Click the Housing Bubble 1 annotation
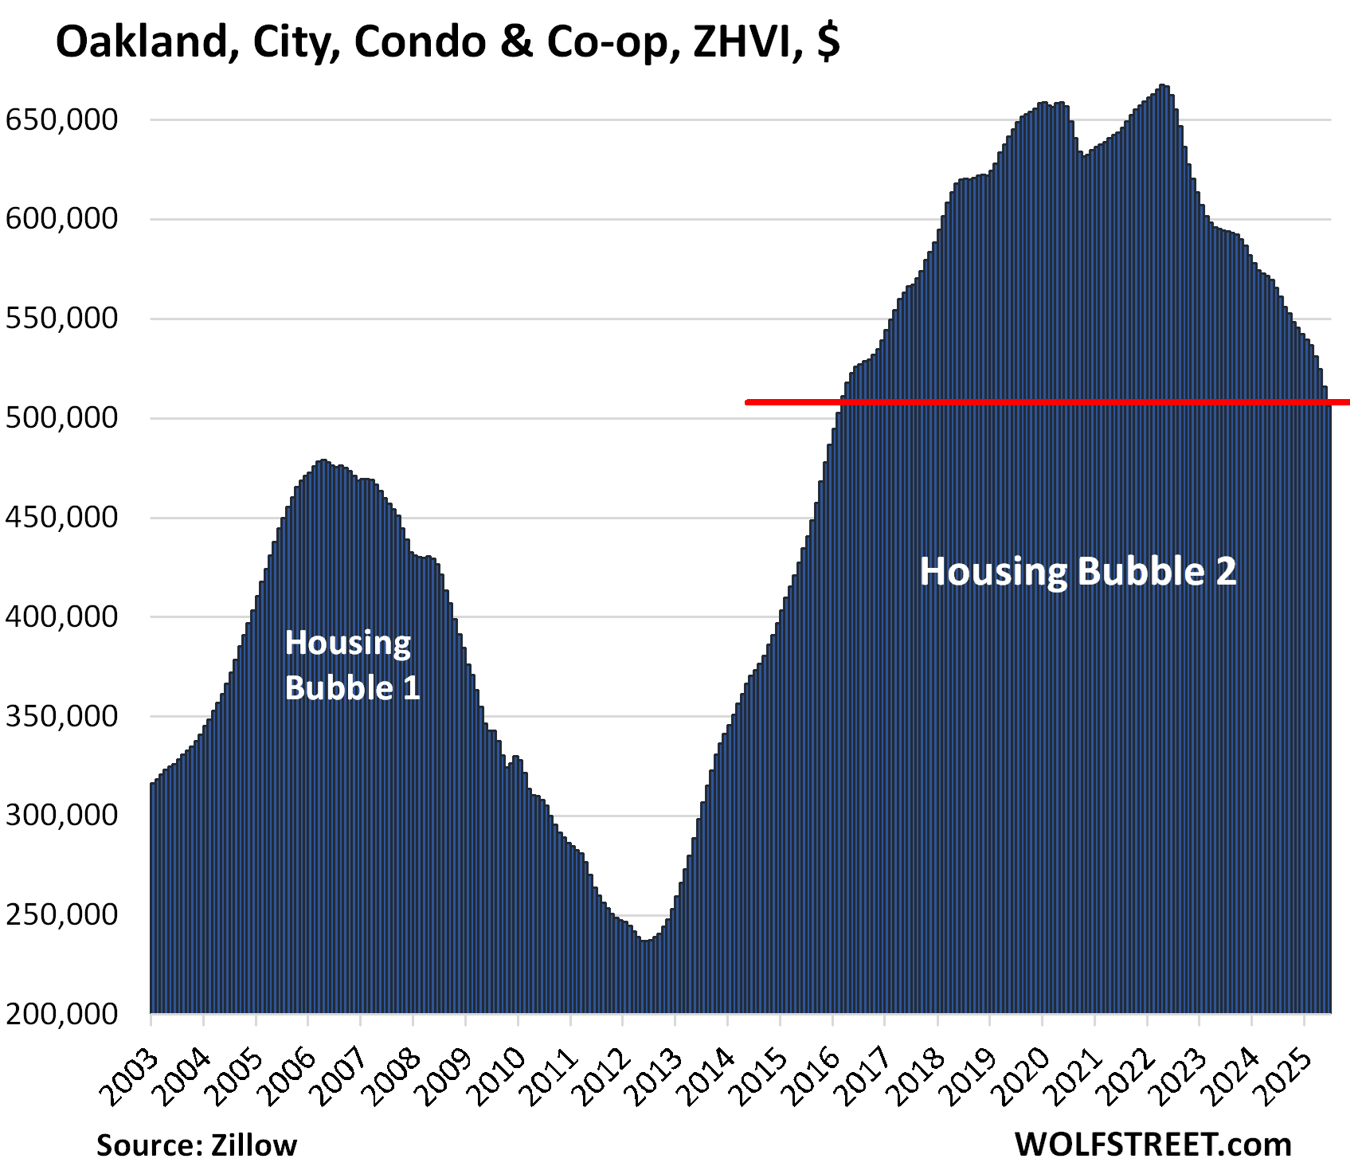pos(351,665)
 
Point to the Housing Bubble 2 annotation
pos(1078,572)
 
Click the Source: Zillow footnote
pos(197,1145)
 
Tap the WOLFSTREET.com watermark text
pos(1152,1145)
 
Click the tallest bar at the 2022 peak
pos(1164,88)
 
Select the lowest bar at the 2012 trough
pos(646,943)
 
